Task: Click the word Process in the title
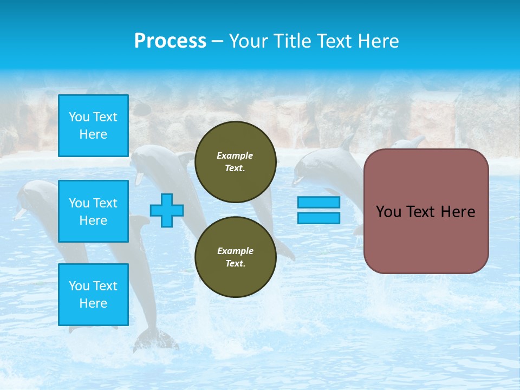click(170, 41)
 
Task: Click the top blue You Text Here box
click(93, 126)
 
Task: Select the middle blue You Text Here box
click(93, 211)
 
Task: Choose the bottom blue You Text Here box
click(93, 294)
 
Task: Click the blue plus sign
click(167, 210)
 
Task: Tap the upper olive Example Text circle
click(235, 161)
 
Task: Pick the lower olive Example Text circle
click(235, 257)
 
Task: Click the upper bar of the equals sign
click(318, 202)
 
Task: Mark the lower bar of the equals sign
click(318, 218)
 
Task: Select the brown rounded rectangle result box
click(426, 211)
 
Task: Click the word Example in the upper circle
click(235, 155)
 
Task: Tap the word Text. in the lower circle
click(235, 263)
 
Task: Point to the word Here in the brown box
click(458, 212)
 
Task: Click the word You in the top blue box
click(79, 117)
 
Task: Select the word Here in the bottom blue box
click(93, 303)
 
